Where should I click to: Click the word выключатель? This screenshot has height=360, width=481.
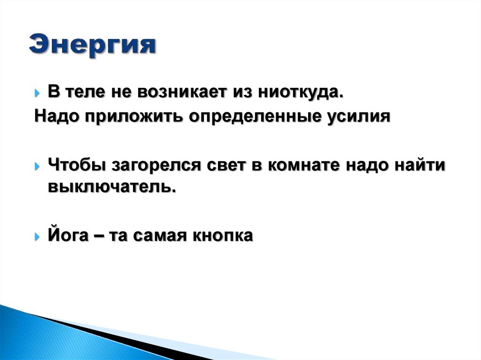point(113,187)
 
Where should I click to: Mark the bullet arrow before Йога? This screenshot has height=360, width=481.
point(38,236)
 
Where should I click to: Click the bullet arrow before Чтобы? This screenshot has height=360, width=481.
point(38,166)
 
